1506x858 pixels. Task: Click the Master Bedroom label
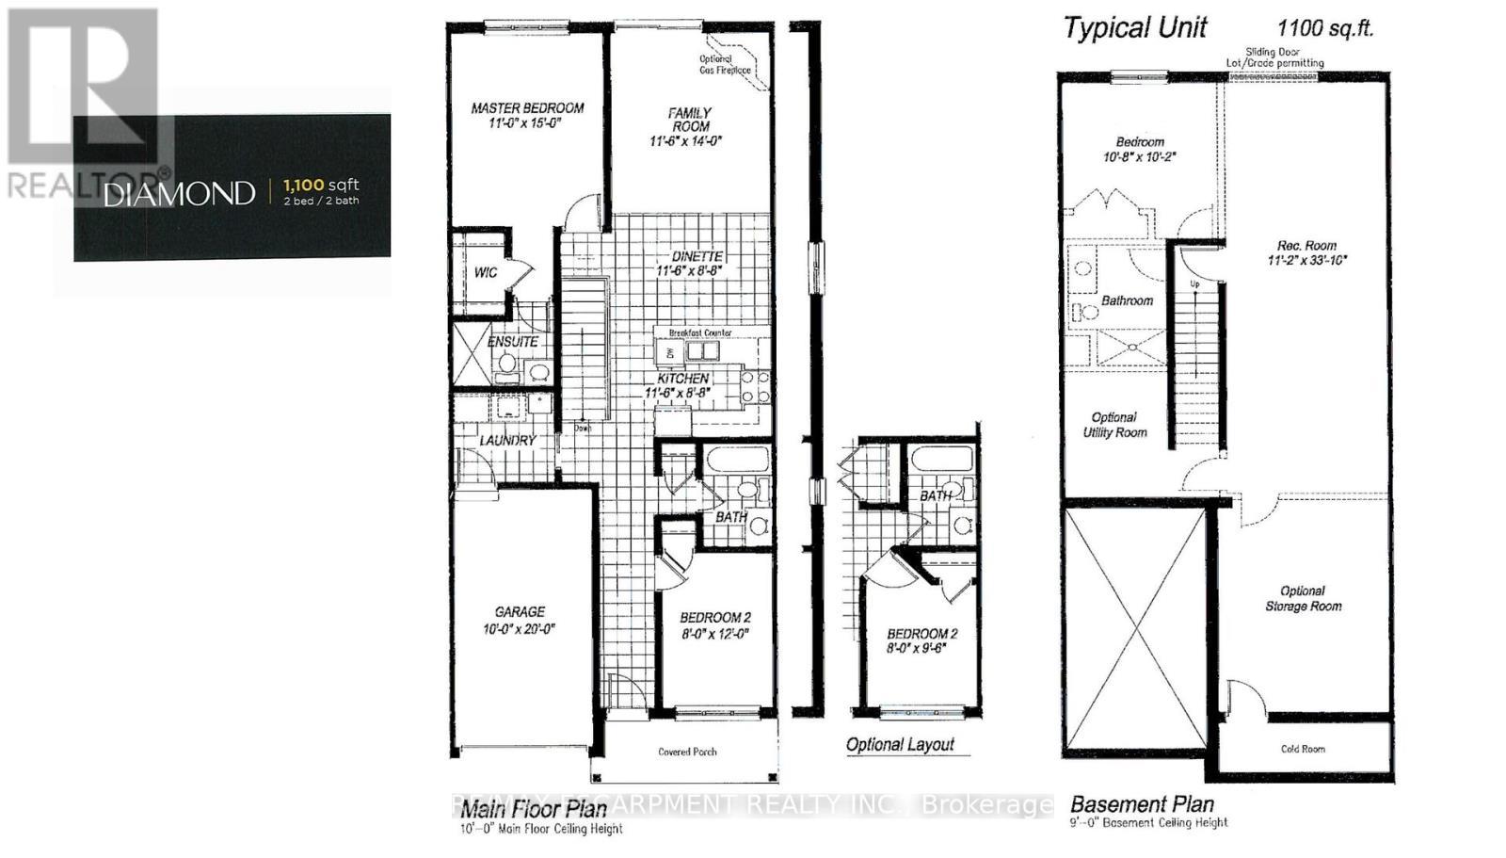tap(527, 108)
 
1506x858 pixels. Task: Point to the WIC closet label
tap(486, 273)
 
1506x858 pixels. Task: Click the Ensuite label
tap(513, 342)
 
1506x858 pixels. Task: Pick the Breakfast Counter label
tap(699, 333)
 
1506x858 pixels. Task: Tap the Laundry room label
tap(507, 440)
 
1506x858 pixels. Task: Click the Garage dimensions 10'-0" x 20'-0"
tap(519, 628)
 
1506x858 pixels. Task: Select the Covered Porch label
tap(687, 752)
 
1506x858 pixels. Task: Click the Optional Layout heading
tap(900, 744)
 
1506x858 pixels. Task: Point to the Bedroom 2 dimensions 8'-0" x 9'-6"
tap(921, 650)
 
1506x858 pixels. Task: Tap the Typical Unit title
tap(1134, 28)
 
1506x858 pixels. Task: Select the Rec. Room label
tap(1306, 245)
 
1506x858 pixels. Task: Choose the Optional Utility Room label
tap(1113, 425)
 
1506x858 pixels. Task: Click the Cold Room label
tap(1302, 749)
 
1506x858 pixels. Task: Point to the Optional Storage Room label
tap(1303, 598)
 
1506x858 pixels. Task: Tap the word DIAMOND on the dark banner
tap(179, 194)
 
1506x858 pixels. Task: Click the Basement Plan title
tap(1142, 804)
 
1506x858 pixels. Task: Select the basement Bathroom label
tap(1127, 300)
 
